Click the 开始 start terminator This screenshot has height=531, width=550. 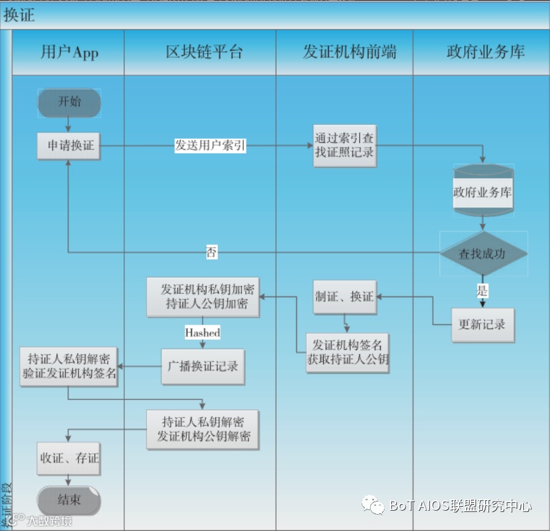[69, 102]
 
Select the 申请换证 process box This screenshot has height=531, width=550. [69, 146]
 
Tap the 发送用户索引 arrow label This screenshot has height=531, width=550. [211, 146]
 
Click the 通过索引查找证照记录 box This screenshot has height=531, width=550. [345, 145]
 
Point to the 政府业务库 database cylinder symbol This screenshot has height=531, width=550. [483, 192]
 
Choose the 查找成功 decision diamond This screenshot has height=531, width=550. [483, 254]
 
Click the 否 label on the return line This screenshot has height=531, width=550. [212, 253]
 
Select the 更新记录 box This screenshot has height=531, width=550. [483, 324]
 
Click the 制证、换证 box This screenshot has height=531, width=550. [344, 297]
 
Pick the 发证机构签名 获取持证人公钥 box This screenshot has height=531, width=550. [348, 352]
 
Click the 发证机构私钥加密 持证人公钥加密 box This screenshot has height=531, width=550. [202, 297]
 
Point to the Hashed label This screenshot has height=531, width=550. [202, 333]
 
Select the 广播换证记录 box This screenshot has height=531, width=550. [203, 366]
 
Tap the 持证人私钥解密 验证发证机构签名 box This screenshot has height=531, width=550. [68, 366]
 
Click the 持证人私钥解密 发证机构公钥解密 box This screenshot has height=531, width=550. [203, 430]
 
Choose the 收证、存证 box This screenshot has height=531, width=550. [69, 458]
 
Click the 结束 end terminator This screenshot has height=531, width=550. [69, 500]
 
